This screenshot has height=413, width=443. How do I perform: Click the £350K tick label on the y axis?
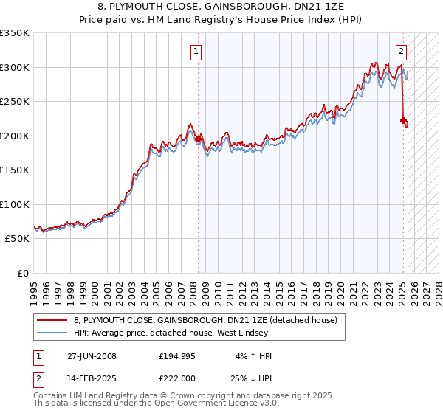(15, 33)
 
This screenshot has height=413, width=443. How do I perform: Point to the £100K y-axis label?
(15, 204)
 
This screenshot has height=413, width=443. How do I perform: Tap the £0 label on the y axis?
(22, 273)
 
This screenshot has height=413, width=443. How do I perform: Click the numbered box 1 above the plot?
(196, 52)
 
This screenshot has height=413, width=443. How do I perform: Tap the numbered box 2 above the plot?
(401, 52)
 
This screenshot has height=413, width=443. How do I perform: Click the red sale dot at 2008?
(199, 139)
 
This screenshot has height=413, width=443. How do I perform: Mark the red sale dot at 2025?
(403, 120)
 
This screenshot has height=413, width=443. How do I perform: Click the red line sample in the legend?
(52, 320)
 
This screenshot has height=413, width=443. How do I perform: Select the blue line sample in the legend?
(52, 333)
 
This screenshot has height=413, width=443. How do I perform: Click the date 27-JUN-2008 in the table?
(92, 356)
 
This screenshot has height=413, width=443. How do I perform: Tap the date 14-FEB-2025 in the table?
(92, 378)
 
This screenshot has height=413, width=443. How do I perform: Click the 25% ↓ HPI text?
(251, 378)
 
